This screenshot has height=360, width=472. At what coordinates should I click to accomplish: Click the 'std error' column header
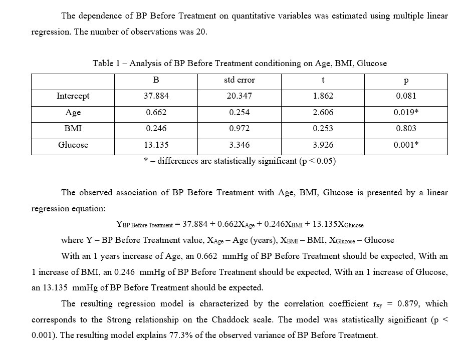point(240,80)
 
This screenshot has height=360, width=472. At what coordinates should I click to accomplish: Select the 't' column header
point(323,80)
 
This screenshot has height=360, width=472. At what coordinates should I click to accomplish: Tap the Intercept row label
point(73,96)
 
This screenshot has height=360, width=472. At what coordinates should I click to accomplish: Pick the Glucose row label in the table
point(73,145)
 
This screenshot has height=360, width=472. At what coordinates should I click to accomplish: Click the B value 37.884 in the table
point(156,96)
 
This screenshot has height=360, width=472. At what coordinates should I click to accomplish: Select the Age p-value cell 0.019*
point(406,113)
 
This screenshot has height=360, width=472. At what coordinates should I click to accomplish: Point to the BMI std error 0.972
point(240,129)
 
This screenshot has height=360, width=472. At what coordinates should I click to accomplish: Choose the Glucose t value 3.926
point(323,145)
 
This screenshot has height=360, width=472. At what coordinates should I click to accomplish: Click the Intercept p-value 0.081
point(406,96)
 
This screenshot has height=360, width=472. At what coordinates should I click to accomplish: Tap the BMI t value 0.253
point(323,129)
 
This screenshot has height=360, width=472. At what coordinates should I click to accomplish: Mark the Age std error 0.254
point(240,113)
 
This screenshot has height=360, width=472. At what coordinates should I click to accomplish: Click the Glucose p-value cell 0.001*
point(406,145)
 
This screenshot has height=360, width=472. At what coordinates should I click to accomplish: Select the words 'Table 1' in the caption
point(106,64)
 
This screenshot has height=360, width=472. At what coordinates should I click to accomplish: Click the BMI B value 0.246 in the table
point(156,129)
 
